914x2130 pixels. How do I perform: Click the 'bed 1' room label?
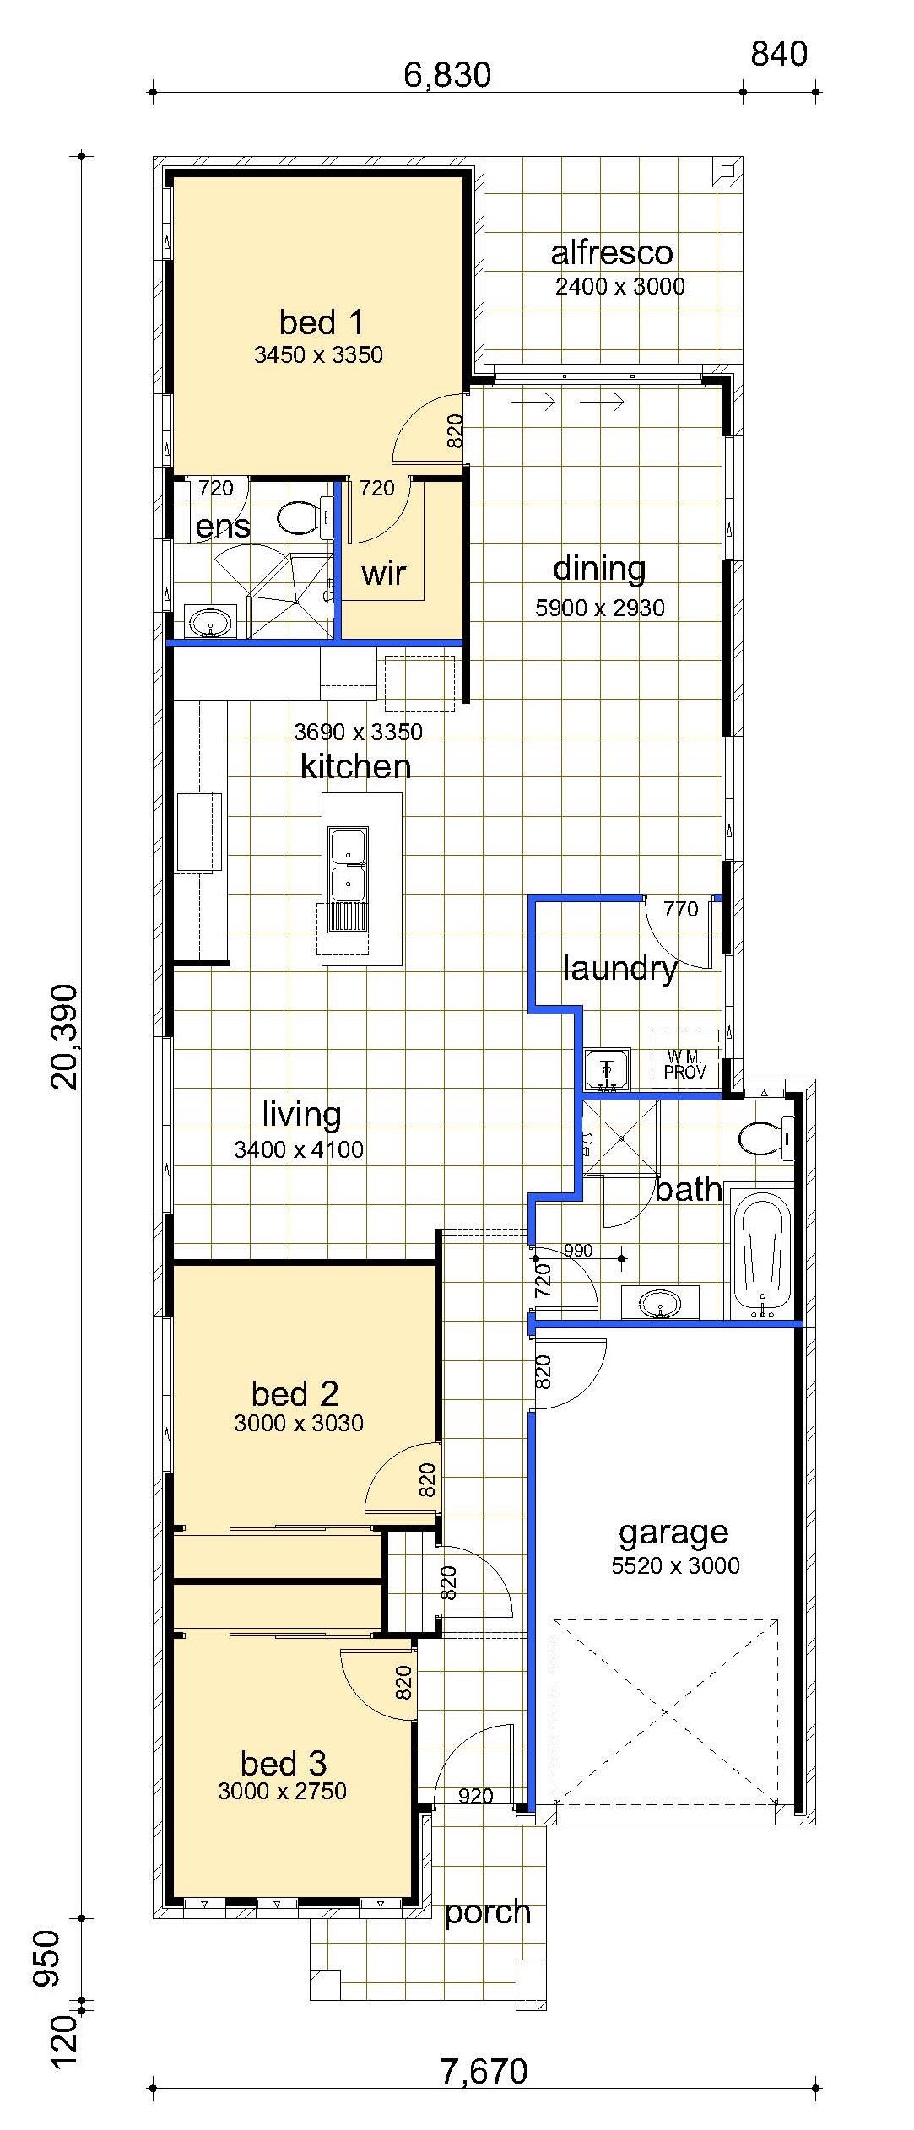[321, 322]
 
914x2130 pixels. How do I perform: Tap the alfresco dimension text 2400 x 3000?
[619, 286]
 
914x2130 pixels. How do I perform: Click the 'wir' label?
[383, 574]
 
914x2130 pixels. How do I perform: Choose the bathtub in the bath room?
[762, 1254]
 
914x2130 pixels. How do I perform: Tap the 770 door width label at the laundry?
[680, 909]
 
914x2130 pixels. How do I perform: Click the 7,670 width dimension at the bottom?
[484, 2071]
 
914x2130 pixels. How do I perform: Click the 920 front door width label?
[475, 1797]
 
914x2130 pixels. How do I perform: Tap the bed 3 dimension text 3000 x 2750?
[282, 1792]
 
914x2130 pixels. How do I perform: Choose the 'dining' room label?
[599, 569]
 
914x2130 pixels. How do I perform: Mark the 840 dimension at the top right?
[779, 55]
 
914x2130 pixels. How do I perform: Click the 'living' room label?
[301, 1114]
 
